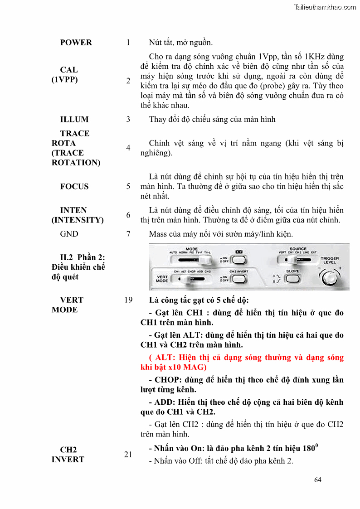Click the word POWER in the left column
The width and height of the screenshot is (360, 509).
76,43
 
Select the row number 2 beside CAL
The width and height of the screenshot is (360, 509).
128,81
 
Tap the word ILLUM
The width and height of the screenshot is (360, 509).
74,119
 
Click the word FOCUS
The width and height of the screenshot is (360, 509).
74,186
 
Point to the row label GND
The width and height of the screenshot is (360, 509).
69,234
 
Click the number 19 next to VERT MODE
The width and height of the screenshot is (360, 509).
128,300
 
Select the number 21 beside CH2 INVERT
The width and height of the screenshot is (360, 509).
128,454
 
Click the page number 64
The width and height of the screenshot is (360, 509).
317,480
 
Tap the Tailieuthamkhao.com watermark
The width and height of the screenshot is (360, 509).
325,7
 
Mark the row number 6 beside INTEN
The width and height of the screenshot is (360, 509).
128,215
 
